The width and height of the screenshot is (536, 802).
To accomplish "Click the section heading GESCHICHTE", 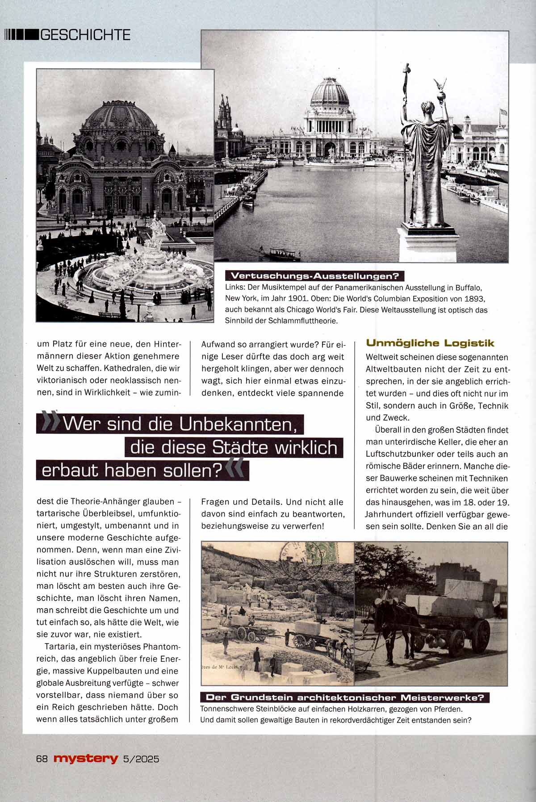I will [85, 34].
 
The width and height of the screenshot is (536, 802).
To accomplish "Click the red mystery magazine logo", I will [86, 758].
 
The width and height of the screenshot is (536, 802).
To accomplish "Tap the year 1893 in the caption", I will [474, 298].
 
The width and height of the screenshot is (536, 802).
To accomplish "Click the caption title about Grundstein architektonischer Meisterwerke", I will [345, 698].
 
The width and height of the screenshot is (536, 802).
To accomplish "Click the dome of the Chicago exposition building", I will [330, 94].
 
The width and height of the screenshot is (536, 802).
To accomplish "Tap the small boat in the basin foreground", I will [281, 255].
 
